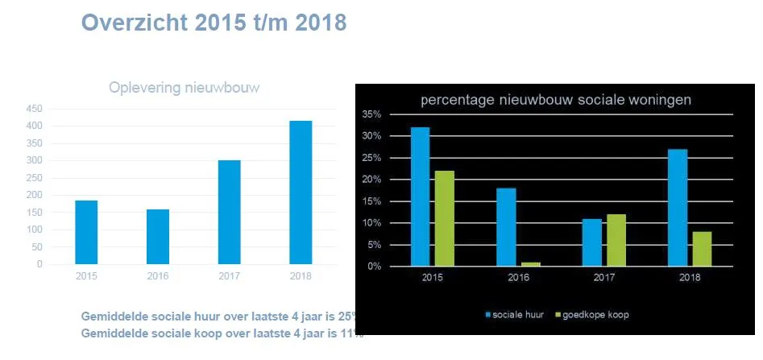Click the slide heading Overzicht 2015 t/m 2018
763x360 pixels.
pyautogui.click(x=214, y=23)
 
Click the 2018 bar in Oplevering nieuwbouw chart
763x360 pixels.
pyautogui.click(x=301, y=192)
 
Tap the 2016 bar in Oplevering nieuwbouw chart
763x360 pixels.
pyautogui.click(x=158, y=236)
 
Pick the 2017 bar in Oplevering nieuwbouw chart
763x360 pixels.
pyautogui.click(x=229, y=212)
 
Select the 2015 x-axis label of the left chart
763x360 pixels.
pyautogui.click(x=86, y=275)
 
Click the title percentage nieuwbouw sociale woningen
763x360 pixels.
pyautogui.click(x=555, y=101)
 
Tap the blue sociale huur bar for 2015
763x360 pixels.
pyautogui.click(x=420, y=197)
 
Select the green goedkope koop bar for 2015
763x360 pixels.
pyautogui.click(x=445, y=218)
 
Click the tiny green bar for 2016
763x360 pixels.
pyautogui.click(x=531, y=263)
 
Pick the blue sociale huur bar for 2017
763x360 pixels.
pyautogui.click(x=592, y=242)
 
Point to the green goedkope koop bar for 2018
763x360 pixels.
pyautogui.click(x=703, y=249)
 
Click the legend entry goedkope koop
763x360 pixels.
pyautogui.click(x=597, y=315)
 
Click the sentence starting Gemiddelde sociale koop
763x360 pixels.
pyautogui.click(x=222, y=333)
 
